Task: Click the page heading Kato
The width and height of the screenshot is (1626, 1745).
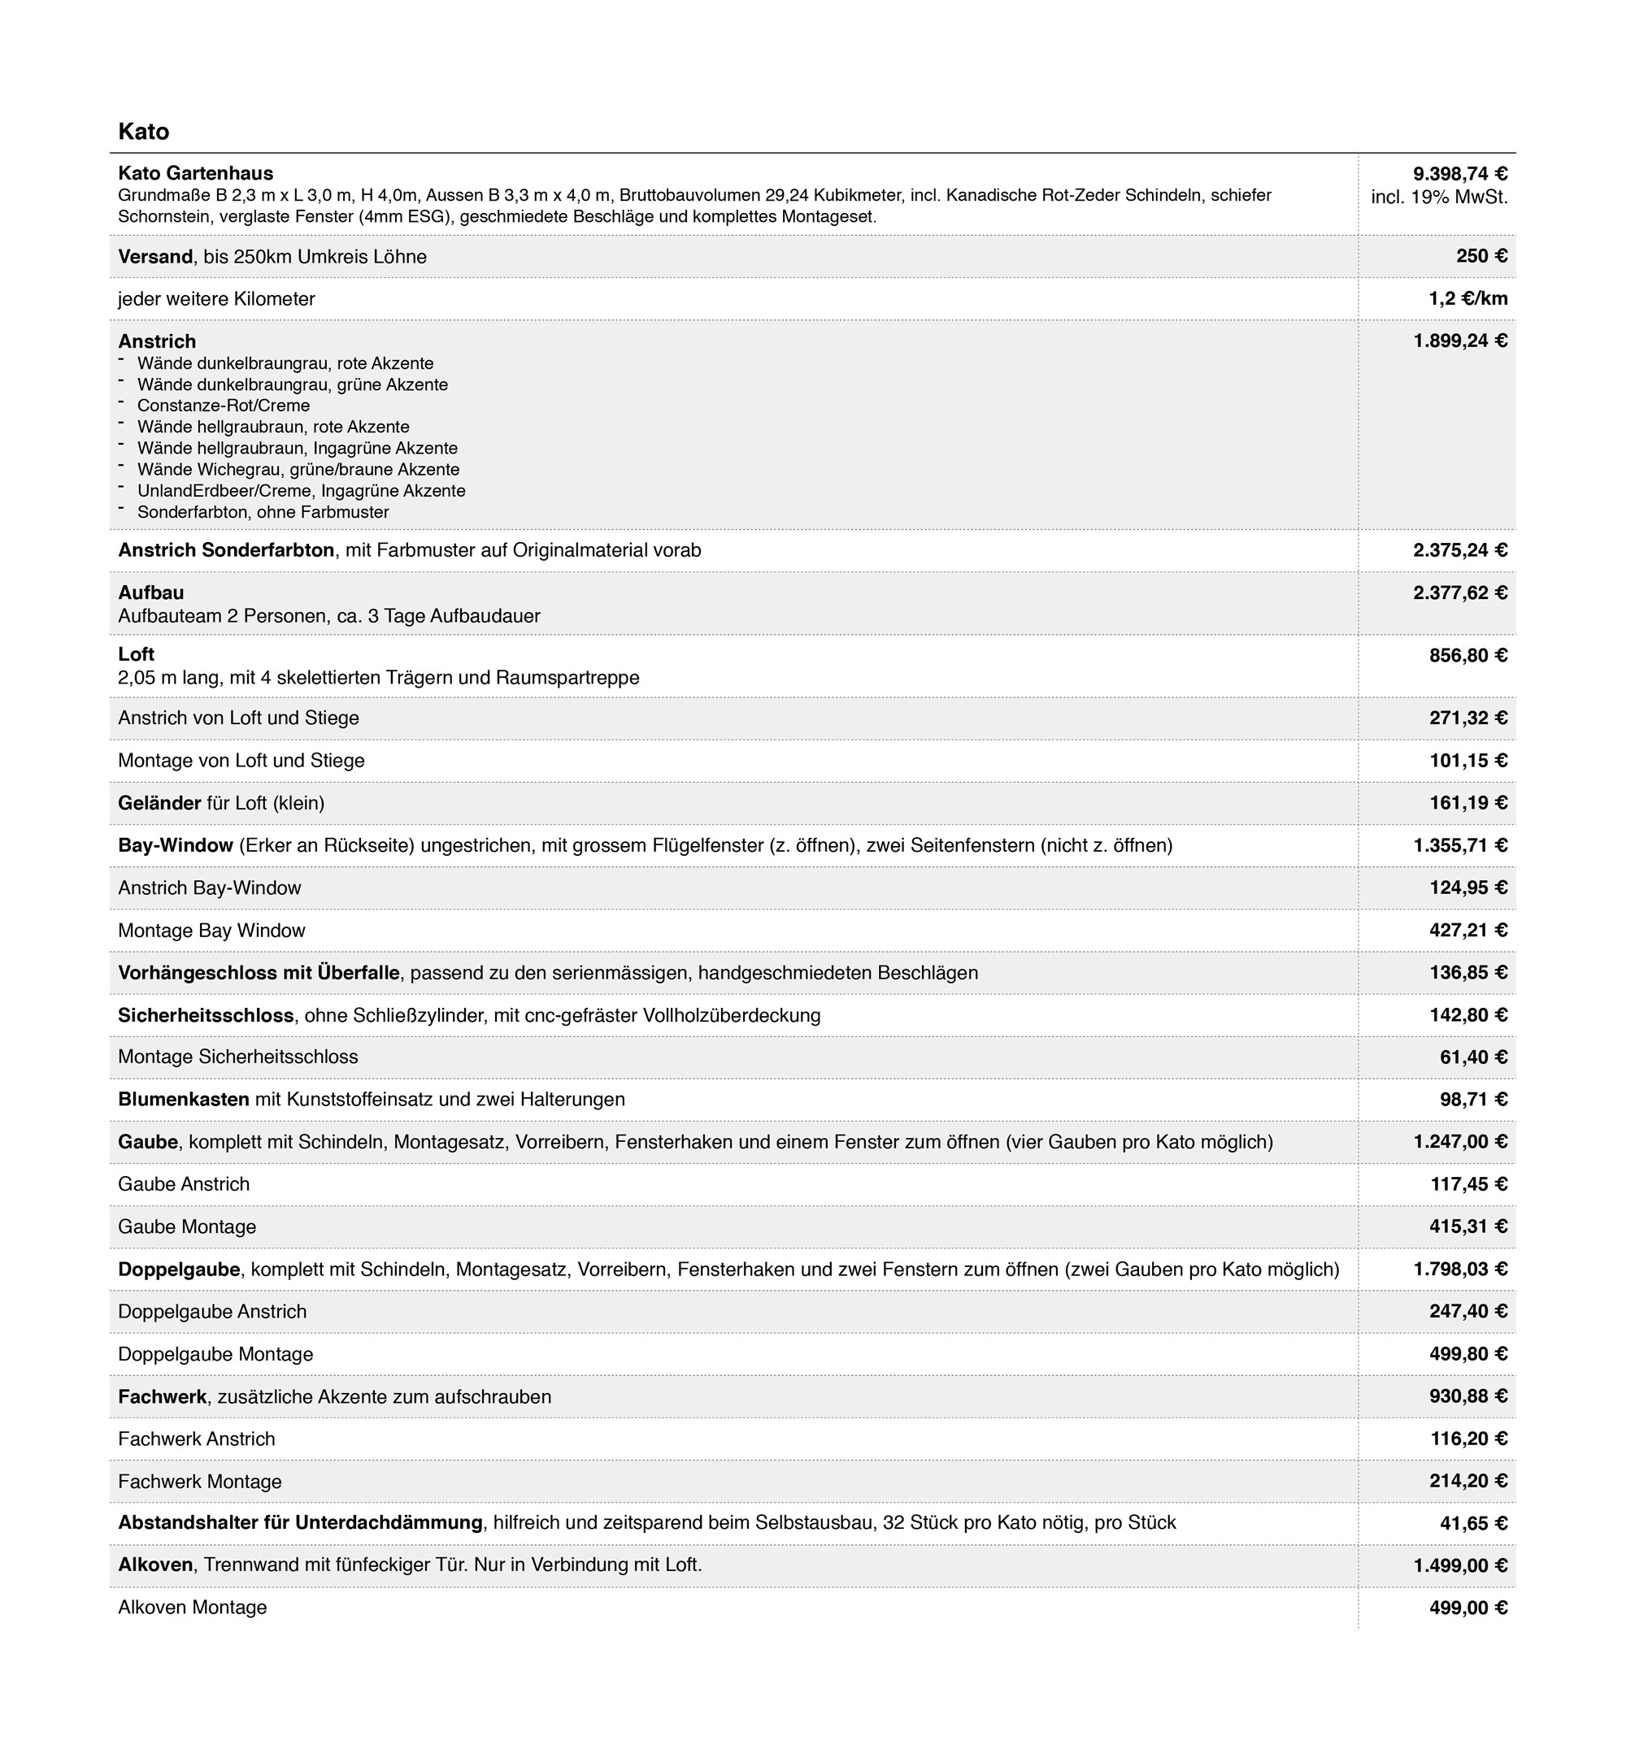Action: coord(143,132)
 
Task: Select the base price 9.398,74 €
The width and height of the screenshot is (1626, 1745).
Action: coord(1459,174)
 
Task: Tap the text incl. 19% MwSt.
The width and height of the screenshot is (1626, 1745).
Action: coord(1439,197)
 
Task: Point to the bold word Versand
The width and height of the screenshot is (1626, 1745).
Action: coord(155,256)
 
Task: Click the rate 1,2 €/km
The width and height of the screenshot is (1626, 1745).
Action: coord(1467,298)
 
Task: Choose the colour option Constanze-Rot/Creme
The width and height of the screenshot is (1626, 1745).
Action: coord(223,406)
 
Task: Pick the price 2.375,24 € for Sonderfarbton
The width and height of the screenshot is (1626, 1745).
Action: coord(1459,550)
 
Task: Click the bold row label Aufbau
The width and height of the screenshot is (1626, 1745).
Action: coord(151,593)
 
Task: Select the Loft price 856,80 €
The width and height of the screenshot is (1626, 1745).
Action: coord(1467,655)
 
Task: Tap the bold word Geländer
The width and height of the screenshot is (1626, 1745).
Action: coord(160,803)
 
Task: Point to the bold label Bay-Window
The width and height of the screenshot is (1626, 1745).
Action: coord(176,845)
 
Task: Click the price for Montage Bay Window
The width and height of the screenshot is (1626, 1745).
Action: coord(1467,931)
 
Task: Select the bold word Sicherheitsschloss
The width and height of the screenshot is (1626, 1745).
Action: coord(206,1016)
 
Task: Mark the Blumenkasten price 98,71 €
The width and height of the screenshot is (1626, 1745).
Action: coord(1472,1100)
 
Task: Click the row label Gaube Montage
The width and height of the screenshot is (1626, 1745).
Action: coord(187,1227)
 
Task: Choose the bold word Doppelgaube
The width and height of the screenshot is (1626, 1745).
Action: coord(179,1270)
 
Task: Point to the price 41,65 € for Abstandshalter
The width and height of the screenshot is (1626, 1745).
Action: coord(1472,1524)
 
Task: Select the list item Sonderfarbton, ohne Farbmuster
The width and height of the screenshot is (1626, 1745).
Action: coord(263,512)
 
